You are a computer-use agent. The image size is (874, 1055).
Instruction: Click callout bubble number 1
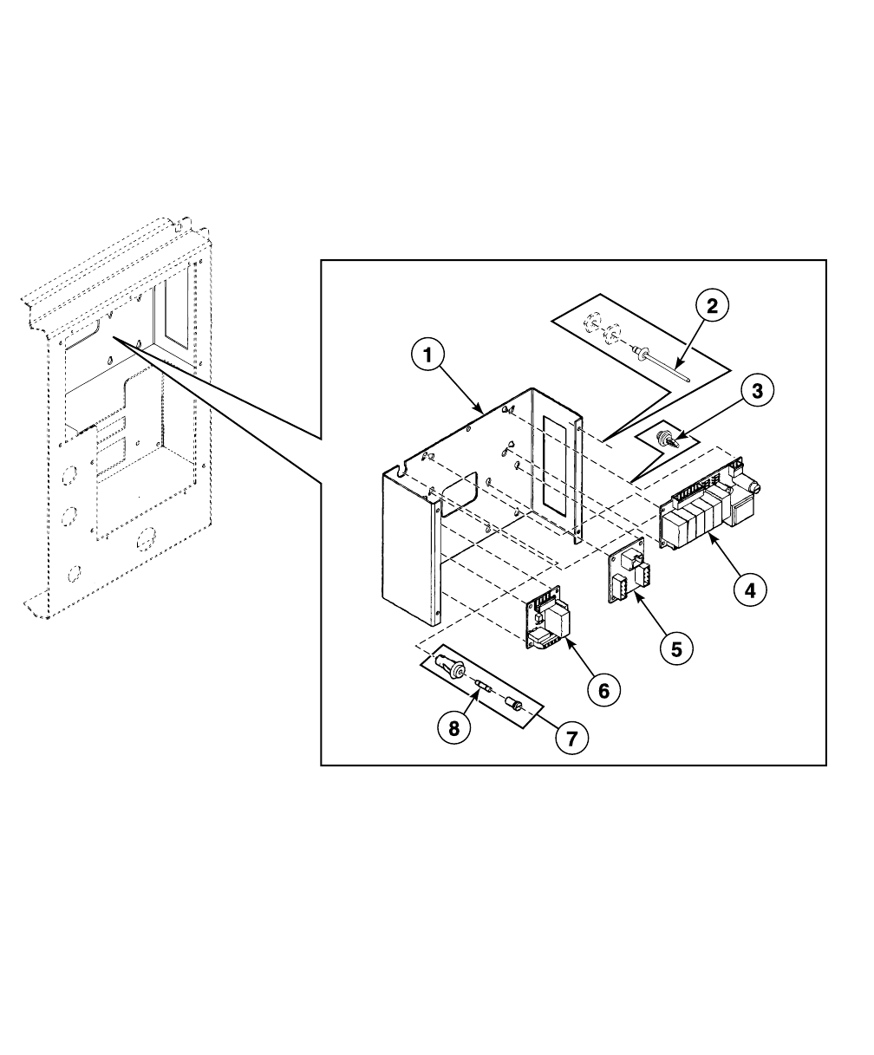[427, 355]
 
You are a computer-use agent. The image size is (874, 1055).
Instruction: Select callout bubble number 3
[757, 391]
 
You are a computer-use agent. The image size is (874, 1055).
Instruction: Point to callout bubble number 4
[750, 590]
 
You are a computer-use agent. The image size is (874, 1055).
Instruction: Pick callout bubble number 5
[676, 647]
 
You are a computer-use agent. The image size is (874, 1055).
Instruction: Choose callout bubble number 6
[604, 690]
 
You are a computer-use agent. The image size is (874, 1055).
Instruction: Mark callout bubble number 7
[571, 739]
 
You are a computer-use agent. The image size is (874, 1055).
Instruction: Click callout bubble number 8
[453, 729]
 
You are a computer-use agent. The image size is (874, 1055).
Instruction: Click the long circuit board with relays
[707, 511]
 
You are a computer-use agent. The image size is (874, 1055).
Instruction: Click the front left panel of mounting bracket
[408, 546]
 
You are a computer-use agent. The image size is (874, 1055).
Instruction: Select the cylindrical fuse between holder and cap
[486, 690]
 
